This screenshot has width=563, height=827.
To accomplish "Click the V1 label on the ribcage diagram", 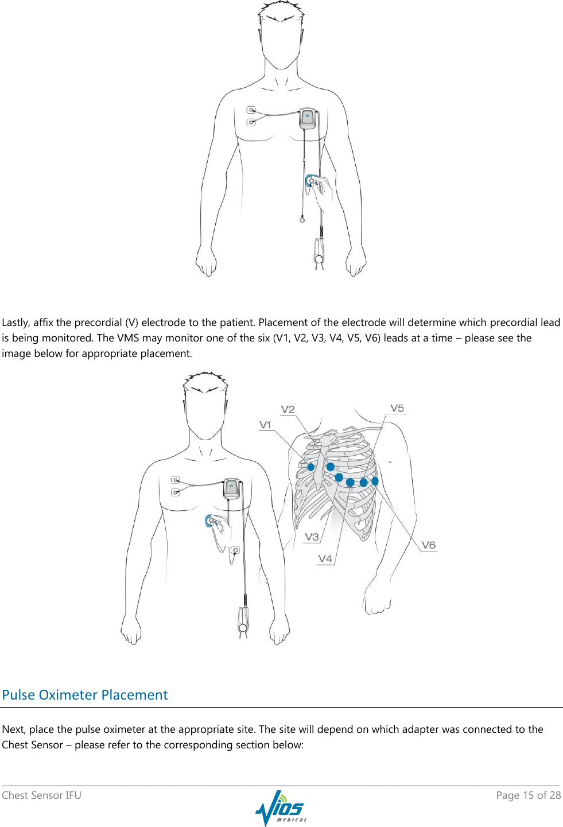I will pyautogui.click(x=265, y=425).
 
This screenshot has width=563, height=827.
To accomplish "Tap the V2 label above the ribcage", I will pyautogui.click(x=288, y=409).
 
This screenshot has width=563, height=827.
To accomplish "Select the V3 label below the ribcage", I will pyautogui.click(x=312, y=537).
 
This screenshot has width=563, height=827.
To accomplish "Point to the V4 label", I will pyautogui.click(x=325, y=558).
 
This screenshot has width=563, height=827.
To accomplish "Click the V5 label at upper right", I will pyautogui.click(x=397, y=408).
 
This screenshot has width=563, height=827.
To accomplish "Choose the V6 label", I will pyautogui.click(x=429, y=545).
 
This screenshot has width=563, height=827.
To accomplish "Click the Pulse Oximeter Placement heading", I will pyautogui.click(x=85, y=695).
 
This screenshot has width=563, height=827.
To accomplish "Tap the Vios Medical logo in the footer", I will pyautogui.click(x=281, y=808).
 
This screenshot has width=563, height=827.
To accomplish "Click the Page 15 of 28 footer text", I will pyautogui.click(x=528, y=795).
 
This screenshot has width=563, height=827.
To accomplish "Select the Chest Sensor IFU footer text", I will pyautogui.click(x=41, y=795).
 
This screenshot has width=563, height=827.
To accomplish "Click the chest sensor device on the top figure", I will pyautogui.click(x=308, y=118).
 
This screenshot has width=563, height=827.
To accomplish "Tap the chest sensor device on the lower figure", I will pyautogui.click(x=231, y=488).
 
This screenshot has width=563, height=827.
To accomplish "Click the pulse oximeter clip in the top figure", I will pyautogui.click(x=319, y=253).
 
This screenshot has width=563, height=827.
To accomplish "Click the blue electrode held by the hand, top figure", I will pyautogui.click(x=310, y=181).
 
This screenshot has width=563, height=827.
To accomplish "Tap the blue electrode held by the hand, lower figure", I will pyautogui.click(x=210, y=521).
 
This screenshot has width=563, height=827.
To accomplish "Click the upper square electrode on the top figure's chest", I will pyautogui.click(x=251, y=110).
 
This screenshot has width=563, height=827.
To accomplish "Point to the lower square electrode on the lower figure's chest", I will pyautogui.click(x=176, y=492).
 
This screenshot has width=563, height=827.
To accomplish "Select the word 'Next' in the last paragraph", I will pyautogui.click(x=13, y=729).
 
